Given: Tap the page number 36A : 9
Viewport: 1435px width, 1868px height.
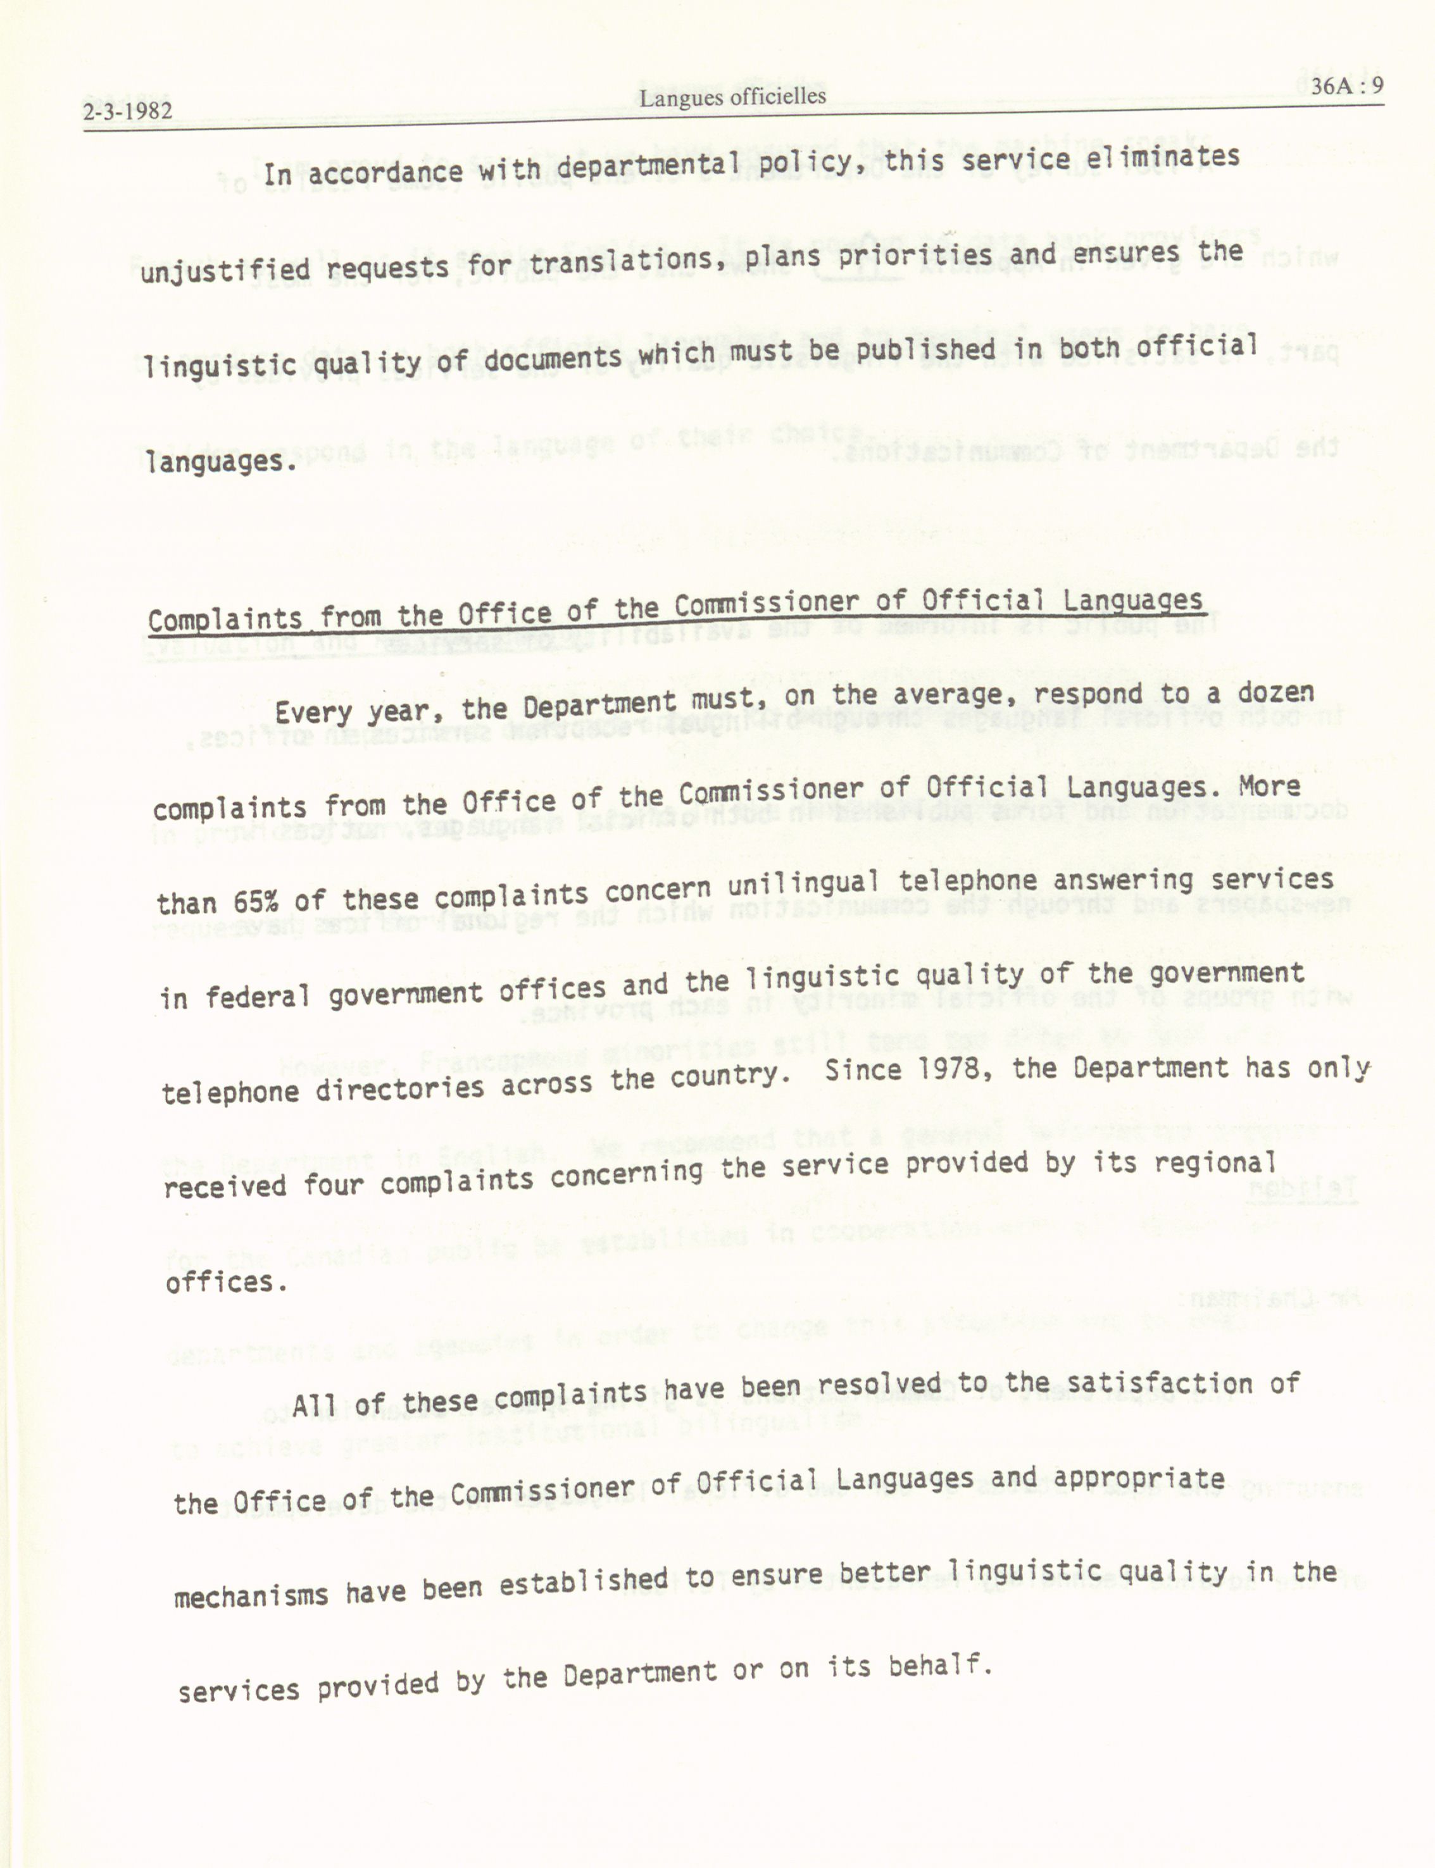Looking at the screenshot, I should tap(1347, 86).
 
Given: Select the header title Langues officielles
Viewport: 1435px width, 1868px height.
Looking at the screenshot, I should tap(732, 97).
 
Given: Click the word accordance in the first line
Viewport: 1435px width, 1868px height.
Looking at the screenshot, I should tap(385, 173).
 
